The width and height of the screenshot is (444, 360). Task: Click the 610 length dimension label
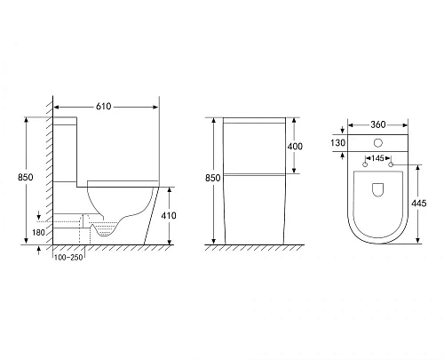[x=103, y=107]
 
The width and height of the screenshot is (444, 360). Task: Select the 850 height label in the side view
[x=26, y=177]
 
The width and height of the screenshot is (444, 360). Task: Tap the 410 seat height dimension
[x=169, y=215]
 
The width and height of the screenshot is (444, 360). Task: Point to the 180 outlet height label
[x=38, y=232]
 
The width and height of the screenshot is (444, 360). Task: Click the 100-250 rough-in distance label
[x=68, y=258]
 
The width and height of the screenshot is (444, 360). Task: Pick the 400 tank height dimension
[x=295, y=147]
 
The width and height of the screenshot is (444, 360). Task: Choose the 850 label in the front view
[x=213, y=178]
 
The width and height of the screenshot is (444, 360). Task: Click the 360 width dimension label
[x=378, y=124]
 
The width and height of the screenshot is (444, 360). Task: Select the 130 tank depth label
[x=337, y=143]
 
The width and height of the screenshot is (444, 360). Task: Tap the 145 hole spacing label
[x=377, y=158]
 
